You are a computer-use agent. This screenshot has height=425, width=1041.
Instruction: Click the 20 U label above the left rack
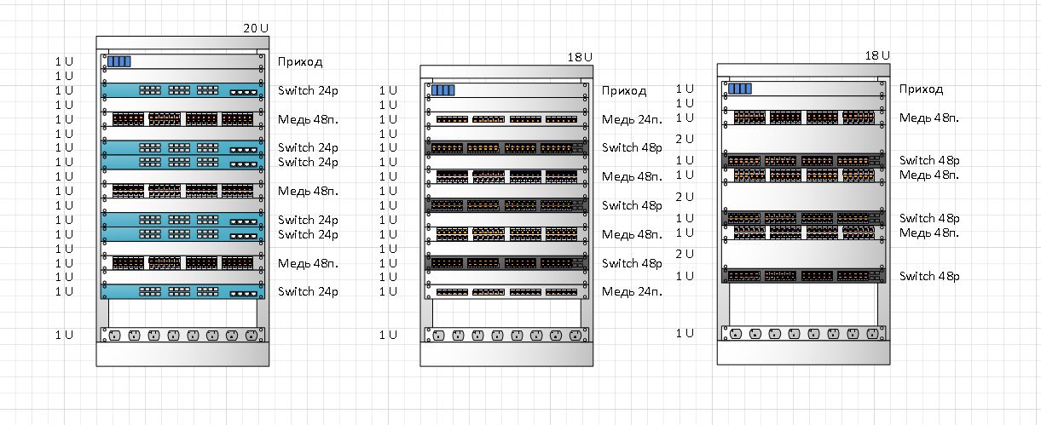tap(256, 28)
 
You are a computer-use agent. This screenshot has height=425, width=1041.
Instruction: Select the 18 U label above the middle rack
tap(580, 57)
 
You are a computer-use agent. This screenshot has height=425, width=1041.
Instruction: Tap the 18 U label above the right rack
tap(877, 55)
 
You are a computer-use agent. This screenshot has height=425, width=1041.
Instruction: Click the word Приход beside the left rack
tap(300, 62)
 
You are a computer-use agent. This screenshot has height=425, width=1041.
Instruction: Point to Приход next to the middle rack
tap(624, 90)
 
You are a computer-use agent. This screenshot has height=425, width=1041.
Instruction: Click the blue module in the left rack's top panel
tap(119, 61)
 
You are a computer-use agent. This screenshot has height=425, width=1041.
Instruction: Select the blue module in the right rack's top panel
tap(740, 89)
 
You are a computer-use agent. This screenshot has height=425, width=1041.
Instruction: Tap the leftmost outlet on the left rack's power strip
tap(114, 335)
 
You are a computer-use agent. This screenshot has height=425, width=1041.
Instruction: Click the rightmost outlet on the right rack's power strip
tap(872, 334)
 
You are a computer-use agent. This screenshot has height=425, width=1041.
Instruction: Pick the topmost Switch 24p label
tap(308, 90)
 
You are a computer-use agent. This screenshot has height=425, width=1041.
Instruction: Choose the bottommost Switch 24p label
tap(308, 291)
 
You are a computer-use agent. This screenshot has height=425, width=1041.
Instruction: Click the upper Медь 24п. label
tap(632, 120)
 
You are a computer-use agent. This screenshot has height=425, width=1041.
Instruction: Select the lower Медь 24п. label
tap(632, 291)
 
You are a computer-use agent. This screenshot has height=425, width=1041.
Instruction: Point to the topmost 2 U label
tap(684, 139)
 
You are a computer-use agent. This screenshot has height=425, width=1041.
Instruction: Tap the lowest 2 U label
tap(684, 254)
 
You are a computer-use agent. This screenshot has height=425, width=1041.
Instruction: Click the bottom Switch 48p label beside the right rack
tap(929, 276)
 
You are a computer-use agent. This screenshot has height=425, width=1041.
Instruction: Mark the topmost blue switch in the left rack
tap(182, 90)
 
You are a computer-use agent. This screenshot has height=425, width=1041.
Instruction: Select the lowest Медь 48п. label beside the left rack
tap(308, 263)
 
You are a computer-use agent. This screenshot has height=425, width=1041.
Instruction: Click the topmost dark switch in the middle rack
tap(506, 148)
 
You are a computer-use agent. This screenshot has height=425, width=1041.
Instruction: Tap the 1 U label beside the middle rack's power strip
tap(388, 335)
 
